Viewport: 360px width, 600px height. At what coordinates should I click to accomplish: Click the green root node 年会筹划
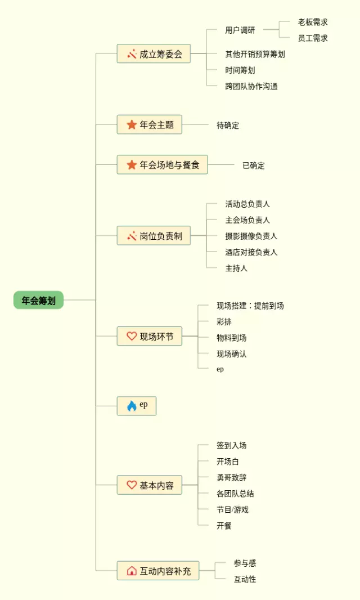point(38,300)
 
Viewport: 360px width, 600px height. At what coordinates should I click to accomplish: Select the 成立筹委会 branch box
point(154,54)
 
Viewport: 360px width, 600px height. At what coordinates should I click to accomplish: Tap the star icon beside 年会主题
point(132,124)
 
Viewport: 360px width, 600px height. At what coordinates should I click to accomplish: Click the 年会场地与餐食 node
point(162,165)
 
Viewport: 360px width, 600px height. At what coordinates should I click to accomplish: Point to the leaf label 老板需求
point(313,22)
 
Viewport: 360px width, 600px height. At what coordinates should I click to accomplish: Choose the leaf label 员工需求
point(313,38)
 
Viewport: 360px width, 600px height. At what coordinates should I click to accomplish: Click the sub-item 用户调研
point(240,30)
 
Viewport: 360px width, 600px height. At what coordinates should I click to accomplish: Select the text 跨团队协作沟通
point(251,86)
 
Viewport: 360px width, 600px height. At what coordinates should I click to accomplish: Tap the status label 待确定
point(228,125)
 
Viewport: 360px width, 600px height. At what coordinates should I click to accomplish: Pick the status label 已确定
point(254,165)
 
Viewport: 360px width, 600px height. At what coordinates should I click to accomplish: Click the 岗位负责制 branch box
point(154,236)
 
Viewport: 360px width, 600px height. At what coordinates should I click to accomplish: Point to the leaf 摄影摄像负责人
point(251,236)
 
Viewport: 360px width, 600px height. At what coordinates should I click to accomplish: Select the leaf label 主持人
point(236,268)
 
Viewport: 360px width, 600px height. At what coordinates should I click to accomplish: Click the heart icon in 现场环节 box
point(132,337)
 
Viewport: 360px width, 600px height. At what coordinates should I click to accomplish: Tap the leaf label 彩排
point(224,322)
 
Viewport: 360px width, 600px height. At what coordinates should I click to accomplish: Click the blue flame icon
point(132,406)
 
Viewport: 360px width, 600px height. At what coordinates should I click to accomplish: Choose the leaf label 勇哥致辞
point(232,477)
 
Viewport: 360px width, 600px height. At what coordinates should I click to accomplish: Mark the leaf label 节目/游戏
point(233,509)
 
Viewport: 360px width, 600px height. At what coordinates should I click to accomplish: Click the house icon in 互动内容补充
point(132,571)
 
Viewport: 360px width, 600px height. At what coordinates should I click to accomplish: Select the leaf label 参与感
point(245,563)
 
